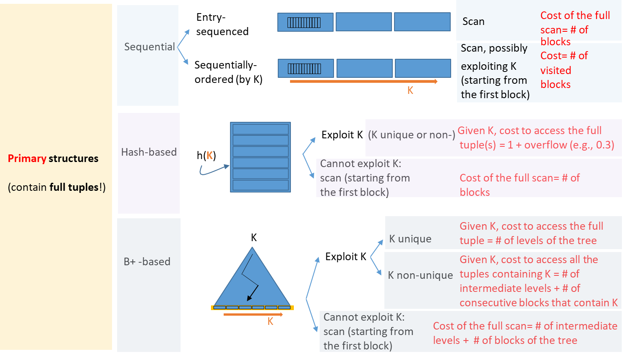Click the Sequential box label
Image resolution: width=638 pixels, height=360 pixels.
click(x=149, y=47)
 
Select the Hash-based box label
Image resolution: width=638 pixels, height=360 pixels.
click(x=149, y=152)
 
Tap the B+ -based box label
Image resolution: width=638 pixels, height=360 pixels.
click(x=147, y=262)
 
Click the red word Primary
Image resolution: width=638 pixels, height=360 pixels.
click(x=27, y=159)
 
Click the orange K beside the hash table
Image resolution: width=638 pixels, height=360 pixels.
click(x=209, y=156)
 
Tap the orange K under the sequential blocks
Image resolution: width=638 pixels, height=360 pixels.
click(x=410, y=91)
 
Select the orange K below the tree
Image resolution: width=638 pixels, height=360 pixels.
click(x=271, y=322)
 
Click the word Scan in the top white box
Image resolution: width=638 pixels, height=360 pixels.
click(x=474, y=22)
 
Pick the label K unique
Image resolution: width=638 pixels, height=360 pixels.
click(x=410, y=239)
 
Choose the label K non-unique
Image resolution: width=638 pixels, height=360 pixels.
click(x=420, y=275)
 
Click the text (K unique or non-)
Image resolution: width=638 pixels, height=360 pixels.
click(x=411, y=135)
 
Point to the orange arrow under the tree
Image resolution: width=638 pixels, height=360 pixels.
click(x=253, y=314)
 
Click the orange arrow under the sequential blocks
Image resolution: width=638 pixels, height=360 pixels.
click(x=364, y=81)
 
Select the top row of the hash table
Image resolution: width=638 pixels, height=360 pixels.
click(x=260, y=129)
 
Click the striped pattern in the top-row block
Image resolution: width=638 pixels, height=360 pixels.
click(x=304, y=22)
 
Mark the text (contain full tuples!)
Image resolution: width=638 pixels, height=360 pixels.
click(x=57, y=187)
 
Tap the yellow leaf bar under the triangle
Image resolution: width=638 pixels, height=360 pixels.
click(x=252, y=308)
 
